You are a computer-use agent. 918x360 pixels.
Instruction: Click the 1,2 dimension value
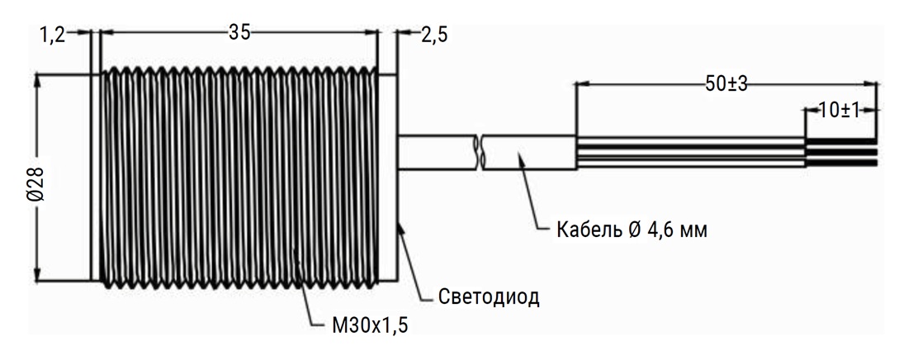51,34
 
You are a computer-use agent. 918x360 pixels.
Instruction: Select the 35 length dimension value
239,33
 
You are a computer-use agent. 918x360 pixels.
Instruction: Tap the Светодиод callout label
488,296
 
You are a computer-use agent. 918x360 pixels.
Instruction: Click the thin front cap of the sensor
94,178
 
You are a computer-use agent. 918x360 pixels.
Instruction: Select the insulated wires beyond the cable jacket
689,152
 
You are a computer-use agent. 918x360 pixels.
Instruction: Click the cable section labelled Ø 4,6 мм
528,152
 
